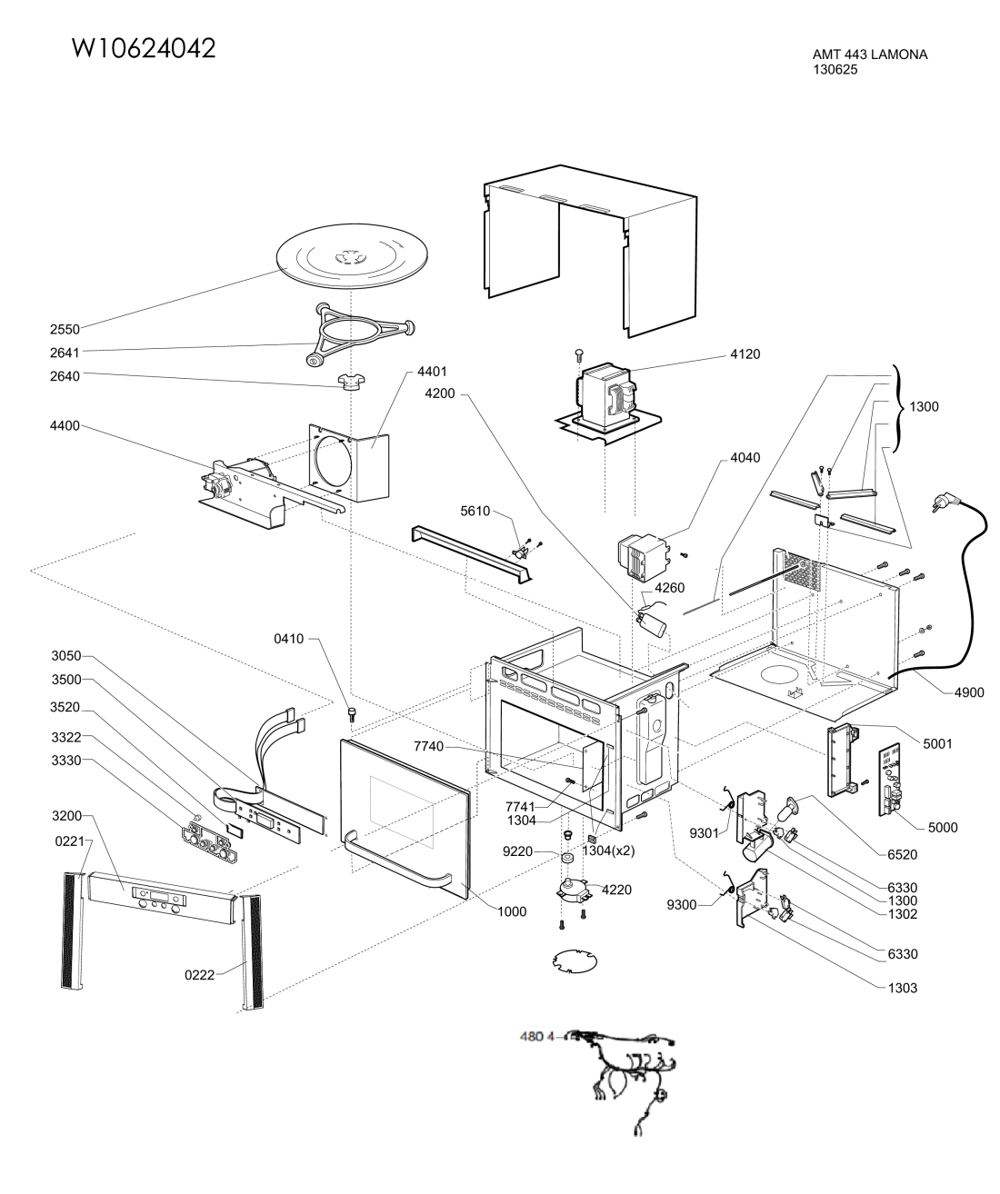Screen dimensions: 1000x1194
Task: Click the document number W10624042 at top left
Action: [x=144, y=48]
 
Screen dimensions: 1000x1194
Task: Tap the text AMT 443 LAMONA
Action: [x=870, y=55]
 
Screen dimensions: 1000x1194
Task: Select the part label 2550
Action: [x=65, y=329]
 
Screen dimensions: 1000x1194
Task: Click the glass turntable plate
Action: [x=352, y=257]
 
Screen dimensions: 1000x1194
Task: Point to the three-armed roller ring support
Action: [x=360, y=333]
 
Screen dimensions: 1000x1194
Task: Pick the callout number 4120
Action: [x=745, y=354]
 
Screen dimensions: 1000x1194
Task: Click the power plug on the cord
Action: [x=945, y=502]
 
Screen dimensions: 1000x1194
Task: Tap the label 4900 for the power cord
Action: [x=969, y=692]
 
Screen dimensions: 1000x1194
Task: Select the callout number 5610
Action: [x=475, y=512]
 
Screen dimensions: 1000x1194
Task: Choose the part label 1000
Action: [x=512, y=911]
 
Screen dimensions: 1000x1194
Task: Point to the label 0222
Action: [x=199, y=975]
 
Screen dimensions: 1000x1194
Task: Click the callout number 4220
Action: [x=616, y=890]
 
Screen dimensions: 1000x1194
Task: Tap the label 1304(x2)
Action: [x=609, y=851]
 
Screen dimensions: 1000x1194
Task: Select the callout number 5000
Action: [x=942, y=828]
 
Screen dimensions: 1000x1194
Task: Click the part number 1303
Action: [x=902, y=988]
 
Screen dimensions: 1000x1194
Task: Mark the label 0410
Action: [x=289, y=639]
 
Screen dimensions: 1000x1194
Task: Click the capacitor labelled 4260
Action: [x=652, y=621]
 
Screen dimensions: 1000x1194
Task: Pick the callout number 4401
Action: [x=432, y=372]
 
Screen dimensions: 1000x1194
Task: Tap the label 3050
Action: [x=66, y=656]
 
